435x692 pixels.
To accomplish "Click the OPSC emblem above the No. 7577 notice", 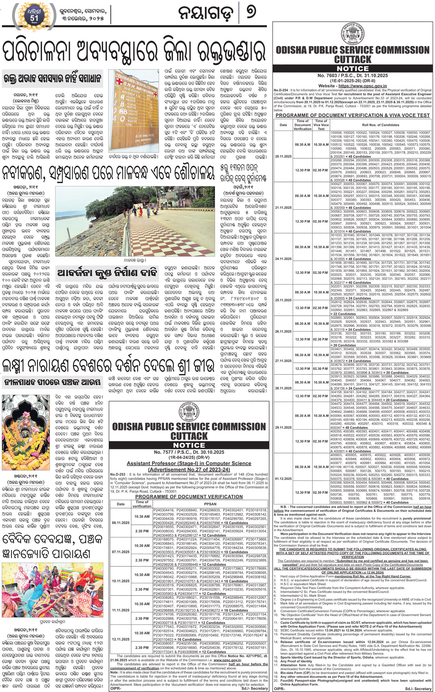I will pyautogui.click(x=189, y=411).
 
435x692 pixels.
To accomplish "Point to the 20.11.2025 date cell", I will pyautogui.click(x=283, y=156).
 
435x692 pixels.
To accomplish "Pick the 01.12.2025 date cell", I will pyautogui.click(x=283, y=479).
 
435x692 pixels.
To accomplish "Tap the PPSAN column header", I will pyautogui.click(x=210, y=504).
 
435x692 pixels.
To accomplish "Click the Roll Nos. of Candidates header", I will pyautogui.click(x=380, y=125).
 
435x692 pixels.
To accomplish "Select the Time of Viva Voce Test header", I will pyautogui.click(x=321, y=125).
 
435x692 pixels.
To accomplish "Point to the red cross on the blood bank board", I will pyautogui.click(x=119, y=81).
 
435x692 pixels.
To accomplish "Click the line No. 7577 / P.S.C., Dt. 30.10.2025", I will pyautogui.click(x=189, y=452).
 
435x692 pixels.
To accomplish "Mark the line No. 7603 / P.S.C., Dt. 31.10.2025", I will pyautogui.click(x=353, y=76).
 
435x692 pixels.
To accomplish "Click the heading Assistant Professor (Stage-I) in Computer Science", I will pyautogui.click(x=189, y=463).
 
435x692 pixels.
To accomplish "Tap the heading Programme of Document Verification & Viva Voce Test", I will pyautogui.click(x=353, y=115).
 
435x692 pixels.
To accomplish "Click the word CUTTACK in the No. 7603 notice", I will pyautogui.click(x=353, y=59).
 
